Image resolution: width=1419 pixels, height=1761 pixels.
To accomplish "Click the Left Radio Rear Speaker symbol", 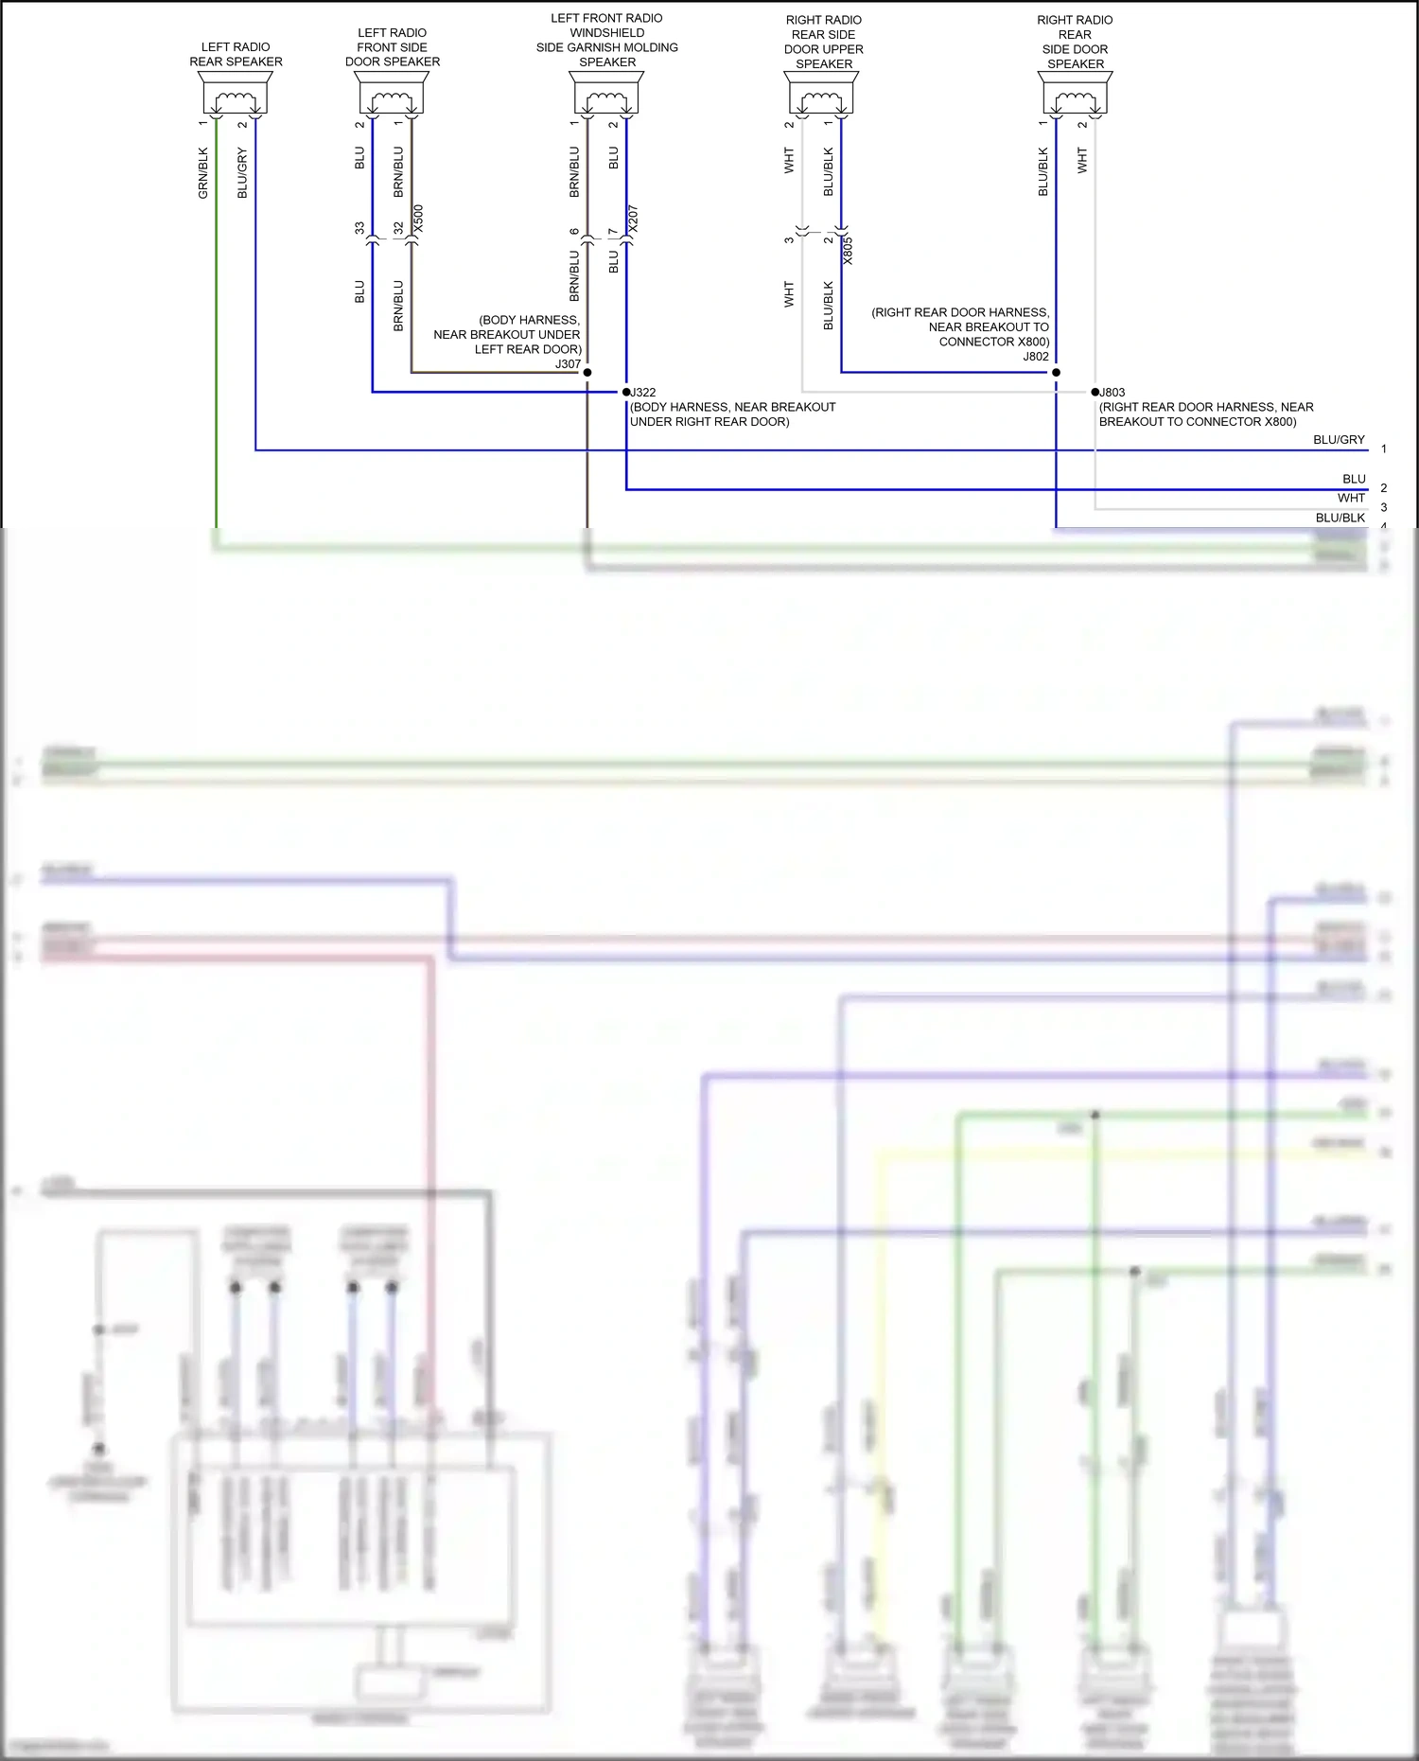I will point(235,95).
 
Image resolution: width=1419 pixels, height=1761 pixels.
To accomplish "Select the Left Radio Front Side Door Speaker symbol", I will point(392,95).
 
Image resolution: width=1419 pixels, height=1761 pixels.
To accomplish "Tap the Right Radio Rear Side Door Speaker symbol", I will point(1075,95).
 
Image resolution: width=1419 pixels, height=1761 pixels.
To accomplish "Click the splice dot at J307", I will point(587,373).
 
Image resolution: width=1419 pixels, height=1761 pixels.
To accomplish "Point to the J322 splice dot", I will point(626,392).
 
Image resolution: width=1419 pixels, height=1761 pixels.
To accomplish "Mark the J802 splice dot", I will point(1056,373).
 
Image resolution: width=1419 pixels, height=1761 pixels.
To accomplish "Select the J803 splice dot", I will point(1095,392).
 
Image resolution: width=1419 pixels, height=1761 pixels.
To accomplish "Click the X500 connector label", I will point(419,219).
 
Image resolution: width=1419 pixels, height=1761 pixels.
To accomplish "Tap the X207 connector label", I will point(634,219).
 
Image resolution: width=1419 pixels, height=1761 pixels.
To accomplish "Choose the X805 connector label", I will point(849,251).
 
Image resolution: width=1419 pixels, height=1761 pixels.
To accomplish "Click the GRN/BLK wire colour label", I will point(203,172).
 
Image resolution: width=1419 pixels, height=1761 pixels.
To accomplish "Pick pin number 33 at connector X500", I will point(359,228).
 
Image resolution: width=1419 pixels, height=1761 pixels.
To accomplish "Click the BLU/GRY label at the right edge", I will point(1339,440).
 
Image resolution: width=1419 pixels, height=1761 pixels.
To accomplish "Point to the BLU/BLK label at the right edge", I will point(1340,518).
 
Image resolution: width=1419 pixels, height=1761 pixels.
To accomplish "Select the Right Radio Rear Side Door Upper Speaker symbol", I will point(821,95).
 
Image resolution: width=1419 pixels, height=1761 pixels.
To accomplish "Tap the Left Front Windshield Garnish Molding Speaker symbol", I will point(606,95).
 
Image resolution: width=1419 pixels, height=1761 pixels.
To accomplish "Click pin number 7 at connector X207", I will point(613,231).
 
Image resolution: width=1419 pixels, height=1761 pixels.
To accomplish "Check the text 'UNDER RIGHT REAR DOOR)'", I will point(709,422).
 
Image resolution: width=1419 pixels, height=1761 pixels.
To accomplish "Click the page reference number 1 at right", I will point(1383,449).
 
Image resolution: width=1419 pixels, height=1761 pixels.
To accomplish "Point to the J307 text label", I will point(568,363).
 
